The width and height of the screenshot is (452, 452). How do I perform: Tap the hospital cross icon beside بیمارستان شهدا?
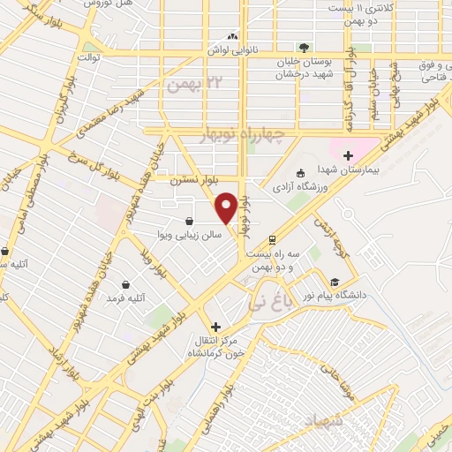(x=349, y=155)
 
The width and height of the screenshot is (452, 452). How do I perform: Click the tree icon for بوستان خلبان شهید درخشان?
(x=304, y=48)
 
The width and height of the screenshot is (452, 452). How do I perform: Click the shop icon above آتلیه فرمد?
(x=126, y=285)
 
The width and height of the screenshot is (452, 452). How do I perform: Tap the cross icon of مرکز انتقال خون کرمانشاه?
(x=216, y=327)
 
